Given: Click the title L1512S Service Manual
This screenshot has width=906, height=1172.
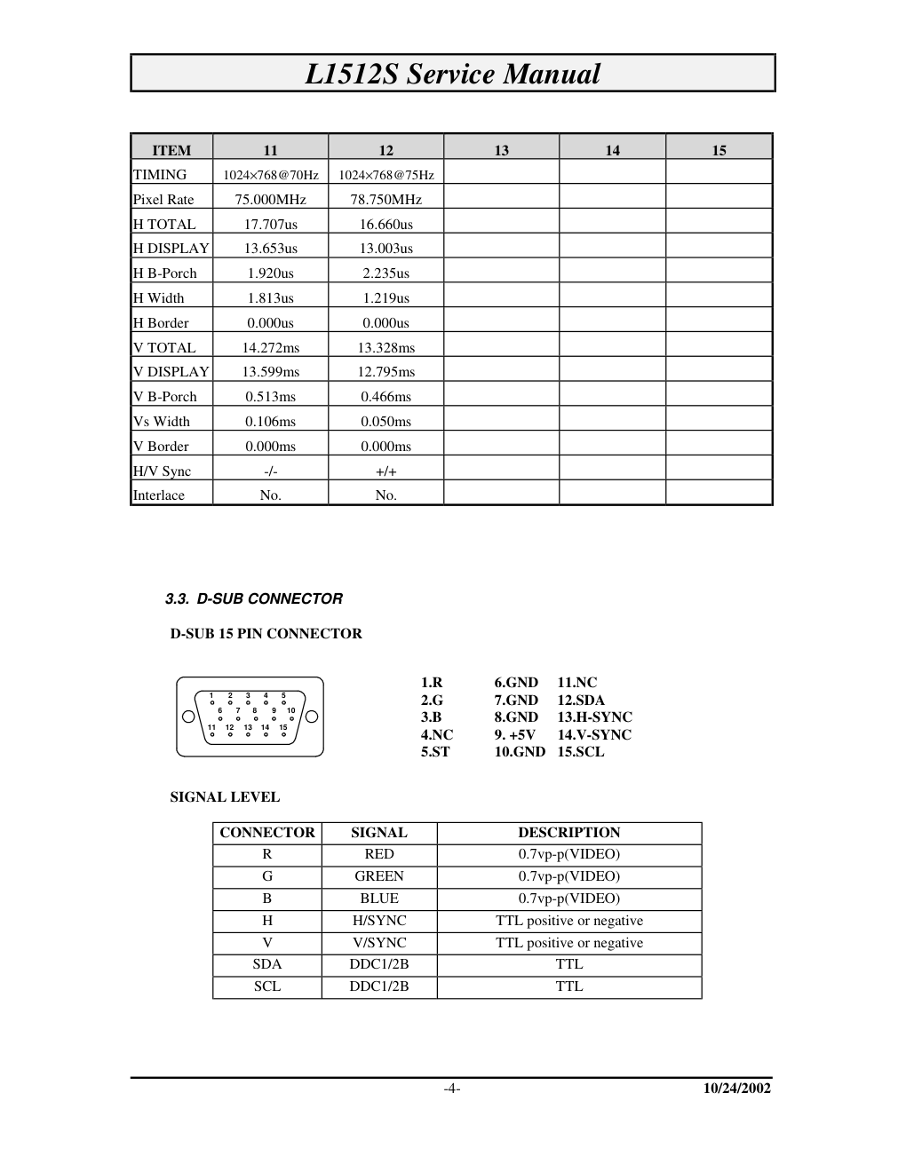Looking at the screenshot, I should pyautogui.click(x=452, y=74).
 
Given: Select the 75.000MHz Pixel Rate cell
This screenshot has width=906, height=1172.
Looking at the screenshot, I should pyautogui.click(x=270, y=200).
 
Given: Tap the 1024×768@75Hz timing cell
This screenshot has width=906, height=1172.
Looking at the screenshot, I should pyautogui.click(x=385, y=175).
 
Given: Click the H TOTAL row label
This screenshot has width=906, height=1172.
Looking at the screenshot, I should pyautogui.click(x=164, y=225).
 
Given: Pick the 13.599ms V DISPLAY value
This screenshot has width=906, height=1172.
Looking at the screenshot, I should pyautogui.click(x=270, y=372).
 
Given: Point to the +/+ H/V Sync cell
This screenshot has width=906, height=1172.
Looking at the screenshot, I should pyautogui.click(x=385, y=471).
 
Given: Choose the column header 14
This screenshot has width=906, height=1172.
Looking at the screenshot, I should pyautogui.click(x=612, y=150).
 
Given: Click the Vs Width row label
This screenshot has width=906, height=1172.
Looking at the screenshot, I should pyautogui.click(x=162, y=422).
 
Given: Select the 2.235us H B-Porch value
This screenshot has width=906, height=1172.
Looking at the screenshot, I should pyautogui.click(x=385, y=273).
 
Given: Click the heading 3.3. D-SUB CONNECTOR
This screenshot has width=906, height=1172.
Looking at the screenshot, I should pyautogui.click(x=254, y=598).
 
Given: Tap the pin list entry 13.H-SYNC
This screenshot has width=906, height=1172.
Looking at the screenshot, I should pyautogui.click(x=594, y=717).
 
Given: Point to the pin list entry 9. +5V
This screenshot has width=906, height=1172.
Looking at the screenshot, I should pyautogui.click(x=515, y=734).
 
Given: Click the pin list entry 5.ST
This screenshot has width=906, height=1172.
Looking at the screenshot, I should pyautogui.click(x=435, y=752).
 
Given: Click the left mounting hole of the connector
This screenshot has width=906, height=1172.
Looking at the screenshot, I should pyautogui.click(x=188, y=717).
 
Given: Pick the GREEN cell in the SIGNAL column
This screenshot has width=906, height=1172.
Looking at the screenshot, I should pyautogui.click(x=379, y=876).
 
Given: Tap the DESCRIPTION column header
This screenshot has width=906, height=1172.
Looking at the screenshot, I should pyautogui.click(x=569, y=833).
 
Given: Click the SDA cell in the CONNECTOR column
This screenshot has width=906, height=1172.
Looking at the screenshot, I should pyautogui.click(x=267, y=964).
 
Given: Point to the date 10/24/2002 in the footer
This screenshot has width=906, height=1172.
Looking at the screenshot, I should pyautogui.click(x=736, y=1089).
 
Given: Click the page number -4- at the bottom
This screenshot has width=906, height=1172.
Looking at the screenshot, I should pyautogui.click(x=452, y=1089).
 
